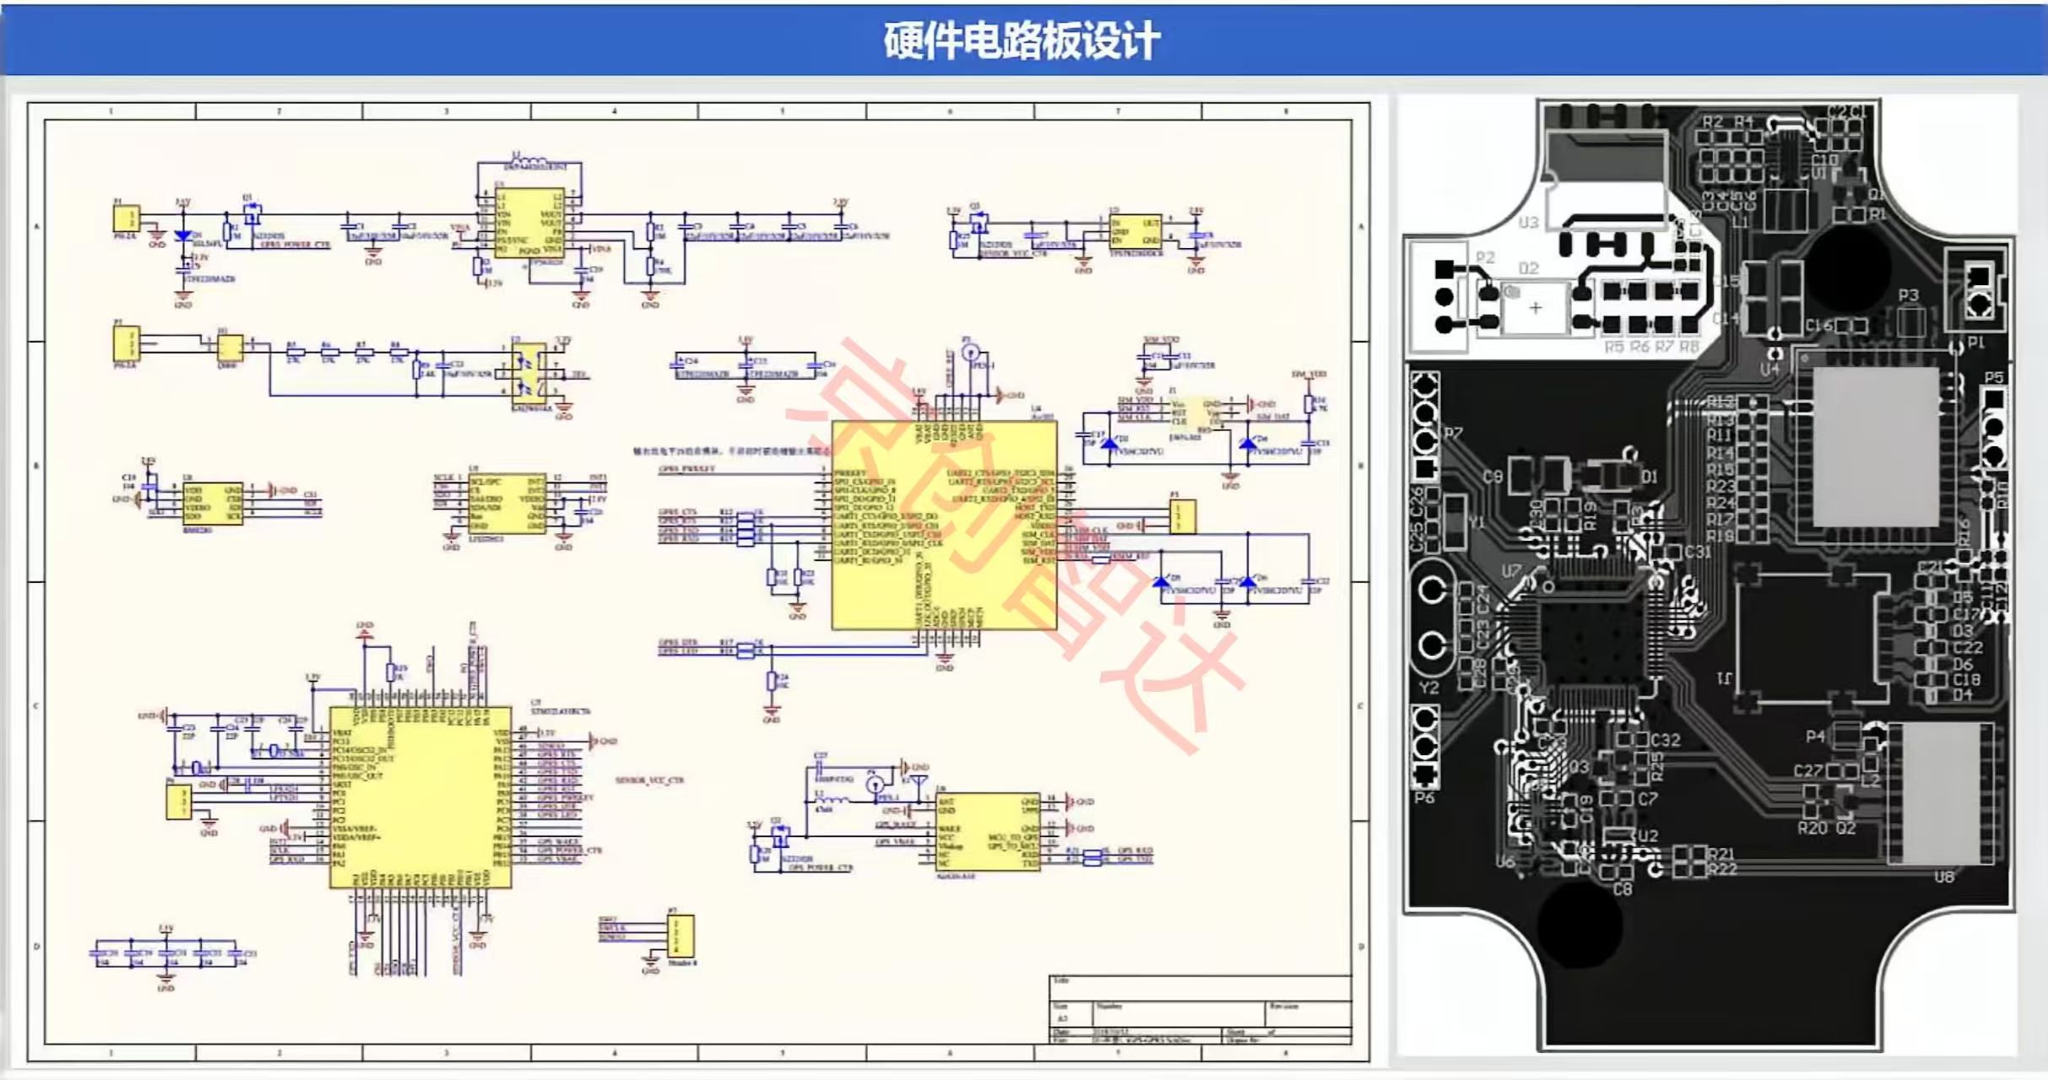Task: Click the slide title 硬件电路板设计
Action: click(1021, 40)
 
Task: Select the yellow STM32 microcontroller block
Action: click(420, 797)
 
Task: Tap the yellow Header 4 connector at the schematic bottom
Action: click(680, 936)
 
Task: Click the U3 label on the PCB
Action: click(1528, 223)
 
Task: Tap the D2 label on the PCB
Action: click(1528, 268)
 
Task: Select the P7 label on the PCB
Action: click(1453, 434)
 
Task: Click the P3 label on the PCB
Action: click(1908, 295)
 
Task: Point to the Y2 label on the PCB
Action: click(1428, 688)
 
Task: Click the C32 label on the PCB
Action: click(1665, 740)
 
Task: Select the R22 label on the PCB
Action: click(1722, 869)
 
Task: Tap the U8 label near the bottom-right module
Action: click(1943, 877)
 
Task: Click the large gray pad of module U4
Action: click(1876, 447)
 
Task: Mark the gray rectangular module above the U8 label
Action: click(1942, 793)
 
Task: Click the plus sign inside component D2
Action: click(1536, 308)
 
